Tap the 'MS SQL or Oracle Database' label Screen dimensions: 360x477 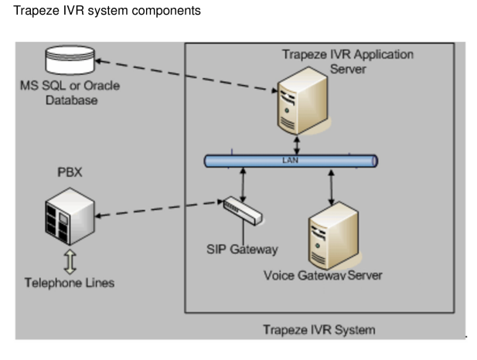pyautogui.click(x=70, y=93)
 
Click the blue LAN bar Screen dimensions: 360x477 pyautogui.click(x=291, y=161)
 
